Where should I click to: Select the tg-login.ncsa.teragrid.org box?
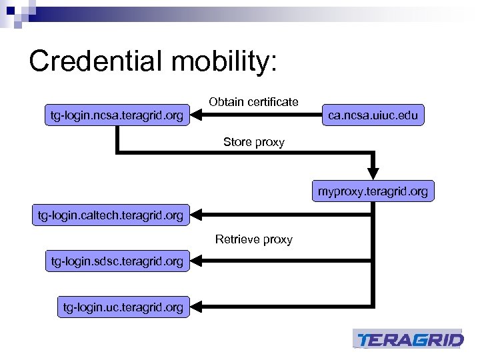(x=117, y=116)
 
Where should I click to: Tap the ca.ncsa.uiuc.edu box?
(x=373, y=115)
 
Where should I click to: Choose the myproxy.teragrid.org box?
(x=373, y=192)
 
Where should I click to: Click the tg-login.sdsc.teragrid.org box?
(x=117, y=261)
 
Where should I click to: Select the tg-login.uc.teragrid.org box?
(x=123, y=307)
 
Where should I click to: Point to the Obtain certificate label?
(x=253, y=102)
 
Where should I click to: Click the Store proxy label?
(x=253, y=142)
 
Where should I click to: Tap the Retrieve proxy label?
(x=253, y=239)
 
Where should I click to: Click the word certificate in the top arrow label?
(x=272, y=102)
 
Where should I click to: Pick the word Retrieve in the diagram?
(x=237, y=239)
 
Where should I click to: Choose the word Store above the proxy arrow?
(x=237, y=142)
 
